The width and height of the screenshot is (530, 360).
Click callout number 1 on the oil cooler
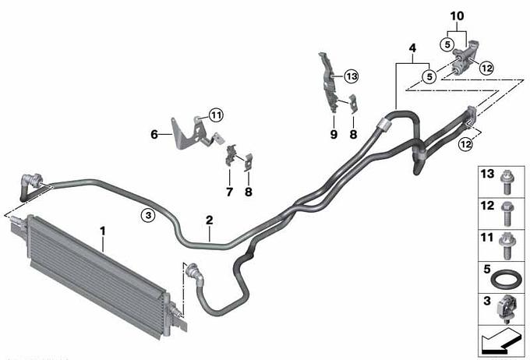[102, 231]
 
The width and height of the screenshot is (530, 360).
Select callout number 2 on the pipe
[209, 221]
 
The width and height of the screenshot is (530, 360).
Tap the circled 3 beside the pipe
[147, 214]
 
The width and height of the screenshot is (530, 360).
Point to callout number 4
[413, 48]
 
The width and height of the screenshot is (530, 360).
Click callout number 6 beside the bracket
[154, 134]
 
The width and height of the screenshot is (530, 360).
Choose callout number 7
[229, 190]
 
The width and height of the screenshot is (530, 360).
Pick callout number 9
[334, 134]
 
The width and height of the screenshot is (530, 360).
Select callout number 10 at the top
[457, 15]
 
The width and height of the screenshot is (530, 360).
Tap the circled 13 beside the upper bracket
[351, 76]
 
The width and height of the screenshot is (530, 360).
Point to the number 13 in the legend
[486, 175]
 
